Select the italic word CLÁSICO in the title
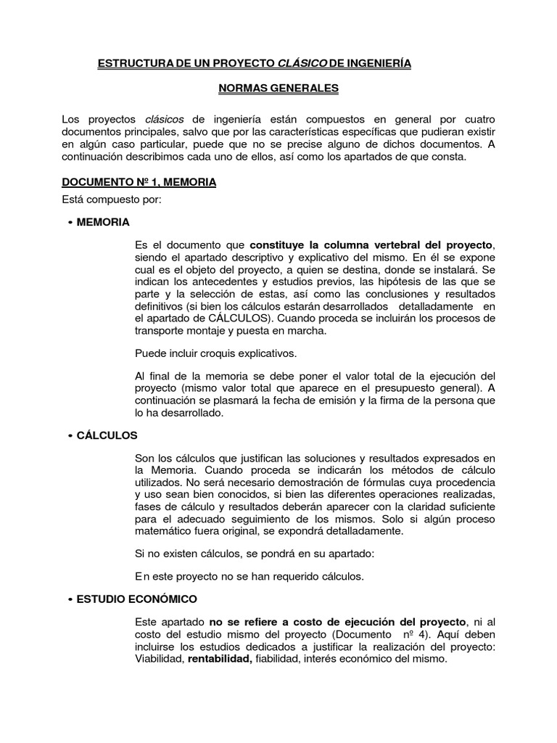[302, 64]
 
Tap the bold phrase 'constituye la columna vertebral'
[339, 245]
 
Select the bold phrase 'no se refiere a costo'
[275, 622]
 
